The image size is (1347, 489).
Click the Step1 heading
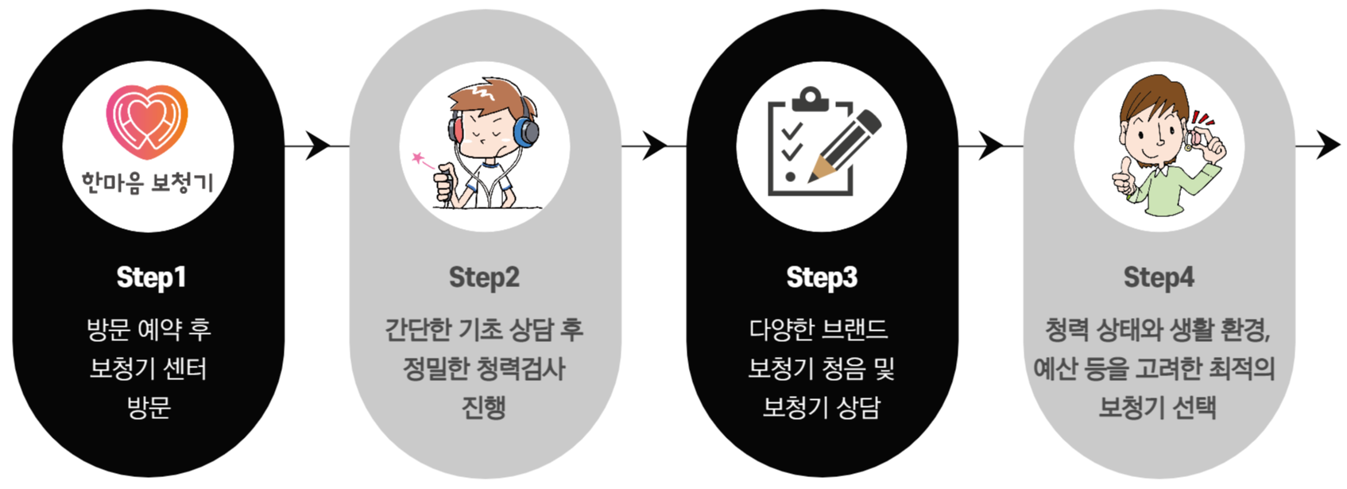pos(150,277)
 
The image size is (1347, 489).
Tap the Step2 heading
pos(484,277)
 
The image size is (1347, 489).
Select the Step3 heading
pos(822,277)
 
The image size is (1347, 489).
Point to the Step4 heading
pos(1159,277)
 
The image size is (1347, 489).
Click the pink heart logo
pos(147,121)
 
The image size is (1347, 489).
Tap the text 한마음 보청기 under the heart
pos(148,184)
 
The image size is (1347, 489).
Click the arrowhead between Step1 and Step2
pos(319,146)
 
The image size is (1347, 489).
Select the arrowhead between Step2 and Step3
pos(655,146)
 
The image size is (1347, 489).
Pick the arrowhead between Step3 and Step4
pos(991,146)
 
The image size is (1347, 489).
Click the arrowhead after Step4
pos(1328,146)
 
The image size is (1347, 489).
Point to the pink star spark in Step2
pos(418,158)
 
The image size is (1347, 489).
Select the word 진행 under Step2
pos(484,408)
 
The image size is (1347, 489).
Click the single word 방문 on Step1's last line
pos(149,408)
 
